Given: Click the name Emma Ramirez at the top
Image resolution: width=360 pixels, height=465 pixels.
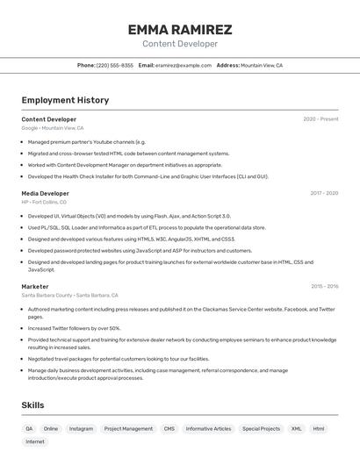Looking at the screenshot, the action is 179,30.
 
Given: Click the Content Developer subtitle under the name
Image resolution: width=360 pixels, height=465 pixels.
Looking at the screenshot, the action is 179,44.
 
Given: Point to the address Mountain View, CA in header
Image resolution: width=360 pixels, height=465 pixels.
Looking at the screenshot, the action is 261,65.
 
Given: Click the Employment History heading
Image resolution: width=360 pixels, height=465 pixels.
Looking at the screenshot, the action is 65,100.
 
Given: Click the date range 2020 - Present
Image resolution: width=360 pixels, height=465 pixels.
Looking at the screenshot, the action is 320,119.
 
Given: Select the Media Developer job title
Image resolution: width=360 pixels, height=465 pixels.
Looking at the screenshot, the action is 45,193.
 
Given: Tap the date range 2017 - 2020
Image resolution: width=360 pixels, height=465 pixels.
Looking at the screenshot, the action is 324,193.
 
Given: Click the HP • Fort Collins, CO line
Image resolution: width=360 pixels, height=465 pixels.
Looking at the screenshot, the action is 44,202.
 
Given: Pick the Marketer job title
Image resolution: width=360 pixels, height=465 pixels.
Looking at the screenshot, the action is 35,286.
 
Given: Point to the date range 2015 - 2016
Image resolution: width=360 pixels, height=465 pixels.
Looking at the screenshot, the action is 324,286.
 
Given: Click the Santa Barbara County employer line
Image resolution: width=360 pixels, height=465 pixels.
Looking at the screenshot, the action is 69,296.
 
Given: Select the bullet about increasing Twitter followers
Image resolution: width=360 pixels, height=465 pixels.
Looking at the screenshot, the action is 74,328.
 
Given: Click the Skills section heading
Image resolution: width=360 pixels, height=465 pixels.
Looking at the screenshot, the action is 32,405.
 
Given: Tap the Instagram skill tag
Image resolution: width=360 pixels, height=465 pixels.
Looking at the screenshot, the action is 81,429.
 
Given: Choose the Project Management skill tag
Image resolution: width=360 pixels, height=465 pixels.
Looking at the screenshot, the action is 128,429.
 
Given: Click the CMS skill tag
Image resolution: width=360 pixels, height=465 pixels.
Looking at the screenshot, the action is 169,429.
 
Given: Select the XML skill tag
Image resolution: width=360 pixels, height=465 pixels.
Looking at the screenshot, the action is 297,429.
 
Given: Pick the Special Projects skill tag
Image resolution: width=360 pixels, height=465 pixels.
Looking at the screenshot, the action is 262,429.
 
